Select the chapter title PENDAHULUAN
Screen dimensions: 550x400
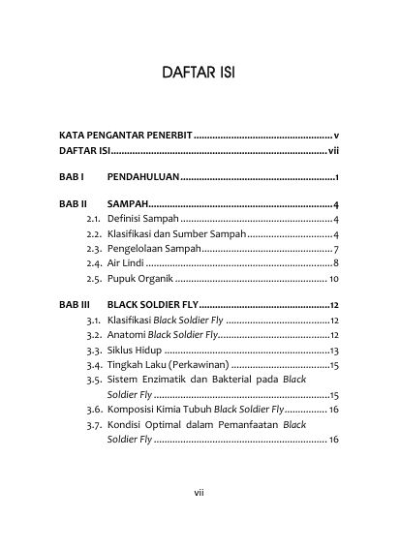pos(142,178)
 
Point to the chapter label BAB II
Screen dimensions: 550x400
pos(74,205)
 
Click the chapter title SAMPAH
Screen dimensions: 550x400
pos(128,205)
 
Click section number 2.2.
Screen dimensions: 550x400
pos(94,233)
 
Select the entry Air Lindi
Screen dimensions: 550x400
pos(126,262)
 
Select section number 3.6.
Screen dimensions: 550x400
pos(94,410)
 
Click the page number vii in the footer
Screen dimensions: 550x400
pos(199,492)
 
